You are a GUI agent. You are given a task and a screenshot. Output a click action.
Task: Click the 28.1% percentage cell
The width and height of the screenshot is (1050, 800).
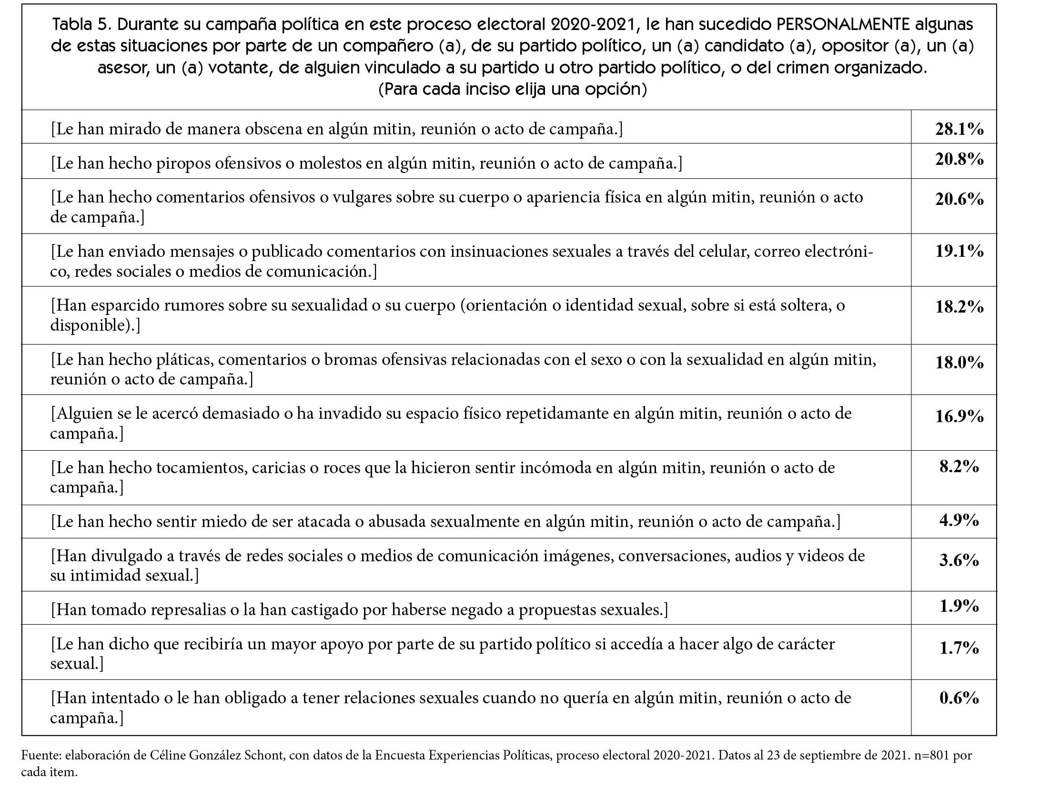click(x=959, y=129)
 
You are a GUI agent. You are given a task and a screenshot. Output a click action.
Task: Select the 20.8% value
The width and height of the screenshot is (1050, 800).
click(x=959, y=159)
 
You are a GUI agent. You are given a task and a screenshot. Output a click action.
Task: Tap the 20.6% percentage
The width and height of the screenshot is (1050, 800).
click(x=959, y=199)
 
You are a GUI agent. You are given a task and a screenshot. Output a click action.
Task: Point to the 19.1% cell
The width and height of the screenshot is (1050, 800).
click(x=959, y=251)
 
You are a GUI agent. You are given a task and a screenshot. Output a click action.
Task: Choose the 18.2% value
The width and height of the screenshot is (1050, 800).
click(x=959, y=306)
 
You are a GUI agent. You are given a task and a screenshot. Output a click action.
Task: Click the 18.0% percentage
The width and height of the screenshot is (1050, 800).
click(x=959, y=363)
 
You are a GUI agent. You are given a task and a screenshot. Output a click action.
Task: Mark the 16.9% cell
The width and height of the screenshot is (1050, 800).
click(x=959, y=416)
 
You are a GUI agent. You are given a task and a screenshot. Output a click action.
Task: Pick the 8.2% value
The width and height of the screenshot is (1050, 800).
click(x=959, y=466)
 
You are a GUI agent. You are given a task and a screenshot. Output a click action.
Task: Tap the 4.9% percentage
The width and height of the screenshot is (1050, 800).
click(x=959, y=520)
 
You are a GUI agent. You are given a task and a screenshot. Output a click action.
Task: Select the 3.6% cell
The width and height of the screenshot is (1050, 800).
click(x=959, y=560)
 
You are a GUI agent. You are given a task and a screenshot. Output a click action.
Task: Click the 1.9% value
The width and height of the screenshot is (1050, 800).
click(x=959, y=606)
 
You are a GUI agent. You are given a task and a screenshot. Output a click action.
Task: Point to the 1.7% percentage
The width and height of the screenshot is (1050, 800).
click(x=959, y=648)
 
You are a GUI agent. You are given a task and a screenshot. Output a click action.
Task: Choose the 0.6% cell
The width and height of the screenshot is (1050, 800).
click(x=959, y=698)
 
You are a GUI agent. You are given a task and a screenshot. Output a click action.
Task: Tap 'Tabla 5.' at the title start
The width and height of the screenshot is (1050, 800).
click(x=81, y=24)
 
